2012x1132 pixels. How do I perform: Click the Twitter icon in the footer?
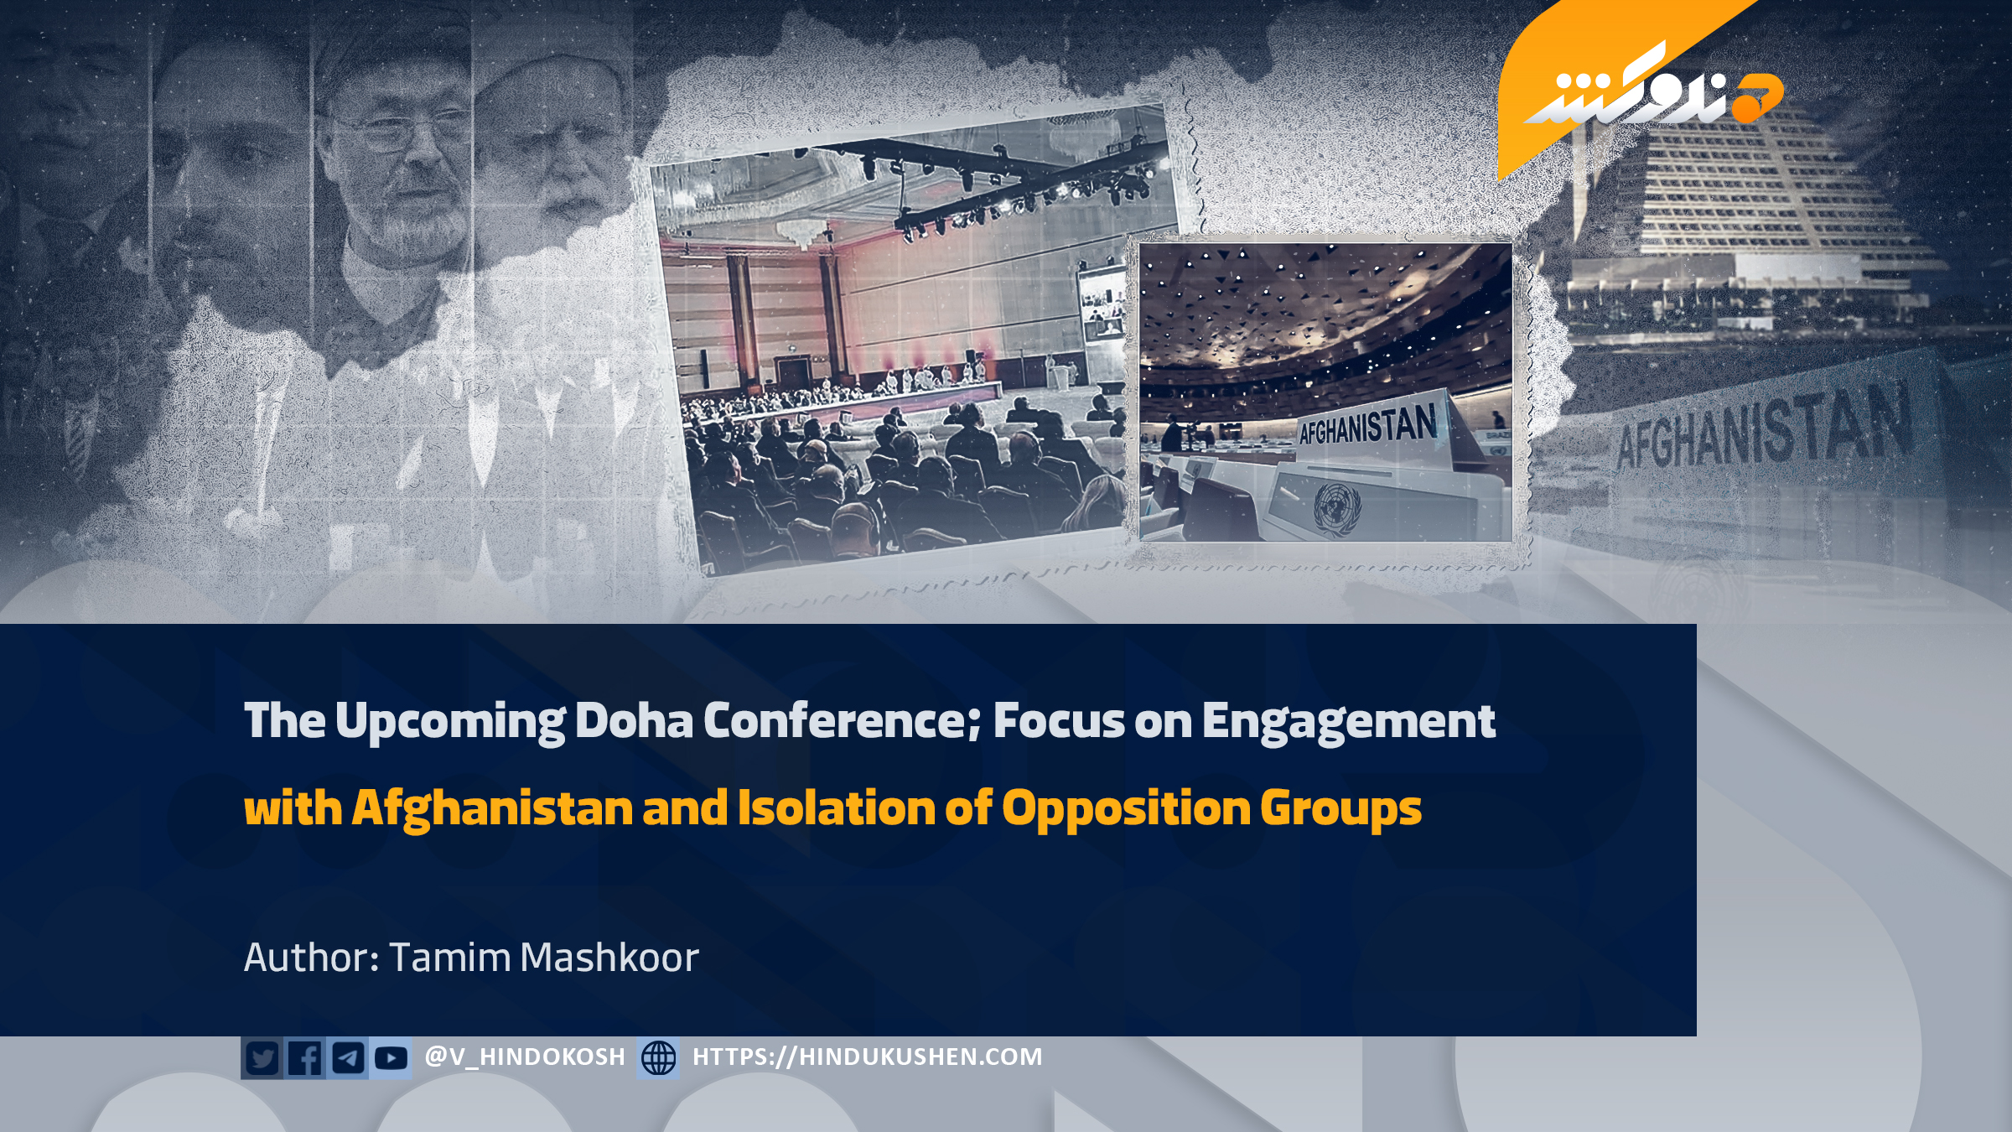point(262,1057)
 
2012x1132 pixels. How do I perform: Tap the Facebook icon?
point(305,1057)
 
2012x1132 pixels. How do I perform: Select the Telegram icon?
point(348,1057)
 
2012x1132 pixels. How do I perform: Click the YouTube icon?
point(391,1057)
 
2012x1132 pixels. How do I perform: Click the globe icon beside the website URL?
point(659,1057)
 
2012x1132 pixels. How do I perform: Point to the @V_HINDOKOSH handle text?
point(526,1057)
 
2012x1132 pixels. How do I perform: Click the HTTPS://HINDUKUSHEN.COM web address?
point(868,1057)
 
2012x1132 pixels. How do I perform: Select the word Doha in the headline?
point(634,720)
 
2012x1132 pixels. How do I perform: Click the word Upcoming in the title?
point(450,722)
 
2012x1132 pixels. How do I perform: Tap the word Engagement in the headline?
point(1349,722)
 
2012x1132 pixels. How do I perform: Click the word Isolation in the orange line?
point(837,807)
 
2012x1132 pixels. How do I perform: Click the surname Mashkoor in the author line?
point(609,958)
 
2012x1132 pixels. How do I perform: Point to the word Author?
point(311,958)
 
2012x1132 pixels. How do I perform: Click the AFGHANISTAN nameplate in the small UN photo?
point(1368,428)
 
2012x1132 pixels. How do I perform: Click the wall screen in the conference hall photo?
point(1102,303)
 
